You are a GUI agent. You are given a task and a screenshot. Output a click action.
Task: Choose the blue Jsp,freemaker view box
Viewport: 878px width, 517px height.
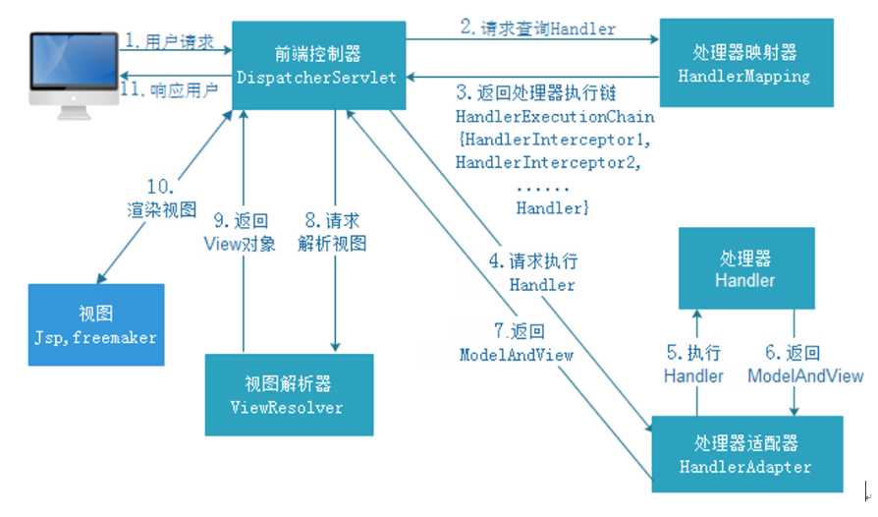[95, 323]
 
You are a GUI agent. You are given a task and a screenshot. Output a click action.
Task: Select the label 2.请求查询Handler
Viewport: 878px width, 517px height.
[538, 28]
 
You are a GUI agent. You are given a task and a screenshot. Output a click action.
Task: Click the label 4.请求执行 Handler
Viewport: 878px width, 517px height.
[541, 272]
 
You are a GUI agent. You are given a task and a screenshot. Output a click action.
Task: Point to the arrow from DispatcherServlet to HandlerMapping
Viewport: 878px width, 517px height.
[530, 40]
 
